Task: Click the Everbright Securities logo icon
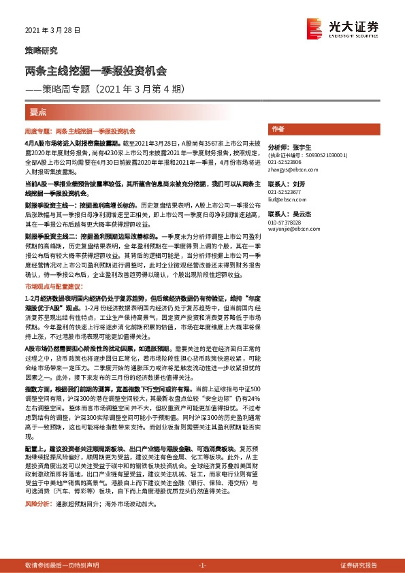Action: [315, 27]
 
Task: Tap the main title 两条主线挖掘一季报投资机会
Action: [96, 71]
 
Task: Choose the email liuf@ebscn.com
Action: [285, 199]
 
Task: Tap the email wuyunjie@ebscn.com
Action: [291, 229]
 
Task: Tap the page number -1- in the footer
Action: [202, 566]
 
